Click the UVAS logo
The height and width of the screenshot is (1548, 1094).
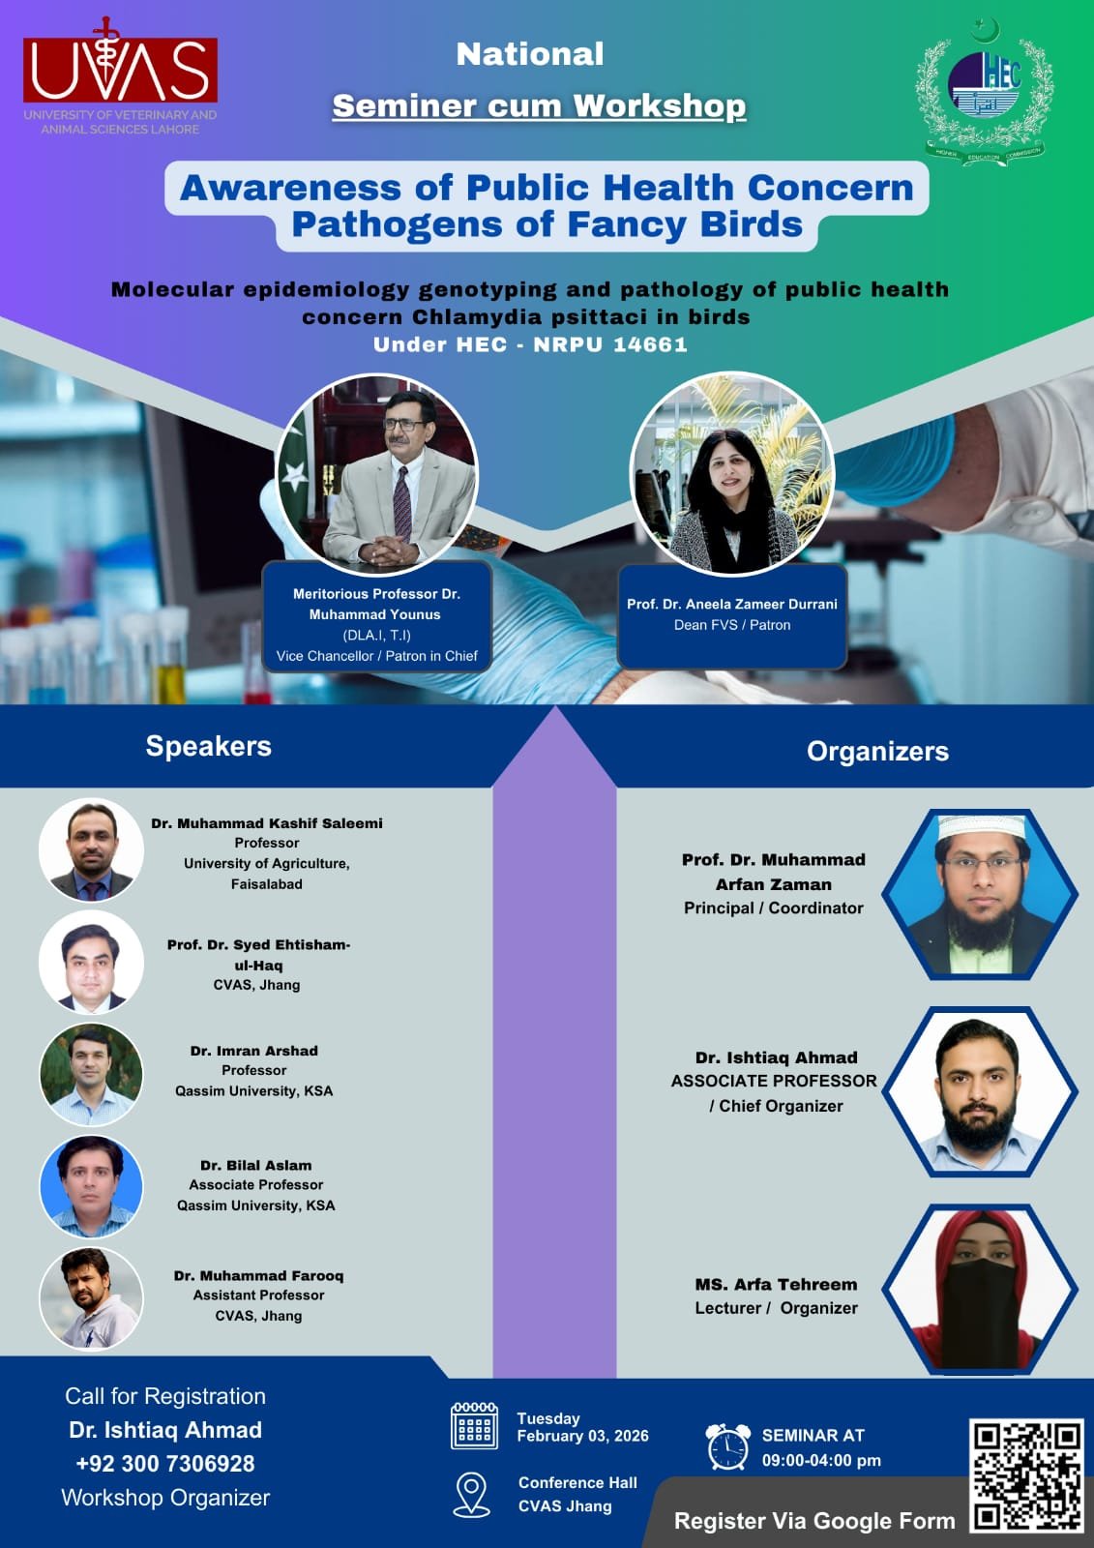pos(120,76)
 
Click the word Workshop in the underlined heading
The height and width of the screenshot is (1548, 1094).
pos(660,105)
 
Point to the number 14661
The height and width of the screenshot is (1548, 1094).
pos(650,344)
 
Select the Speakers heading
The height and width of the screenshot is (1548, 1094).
pos(209,746)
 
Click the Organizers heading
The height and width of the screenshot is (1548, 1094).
pos(877,751)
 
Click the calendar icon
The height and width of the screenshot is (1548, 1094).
pos(474,1426)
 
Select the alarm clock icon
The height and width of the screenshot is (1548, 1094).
pos(728,1446)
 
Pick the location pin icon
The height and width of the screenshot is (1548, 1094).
pos(471,1494)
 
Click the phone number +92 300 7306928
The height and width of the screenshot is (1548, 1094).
pos(165,1463)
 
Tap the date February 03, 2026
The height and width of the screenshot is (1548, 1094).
pos(582,1436)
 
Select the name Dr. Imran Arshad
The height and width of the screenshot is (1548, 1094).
pos(254,1051)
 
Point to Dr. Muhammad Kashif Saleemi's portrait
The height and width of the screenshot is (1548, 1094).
pos(91,850)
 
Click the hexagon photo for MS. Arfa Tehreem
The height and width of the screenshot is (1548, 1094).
pos(979,1289)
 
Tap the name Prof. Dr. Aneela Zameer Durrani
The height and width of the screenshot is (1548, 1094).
pos(732,604)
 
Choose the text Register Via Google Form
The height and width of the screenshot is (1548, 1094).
pos(814,1520)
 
